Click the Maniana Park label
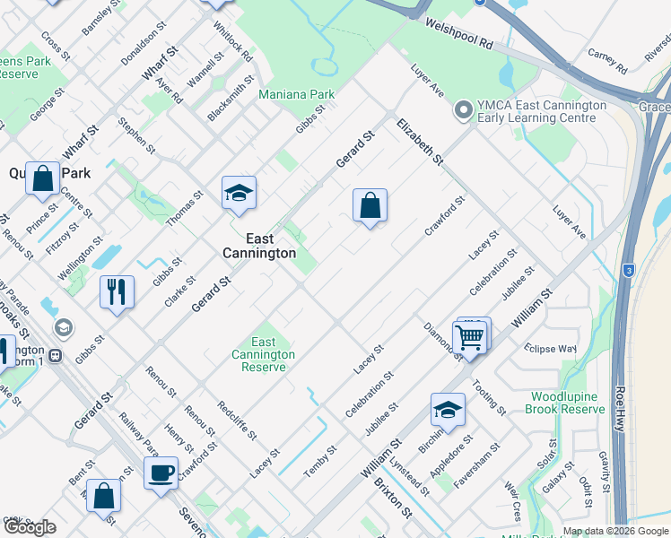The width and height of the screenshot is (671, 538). pyautogui.click(x=296, y=93)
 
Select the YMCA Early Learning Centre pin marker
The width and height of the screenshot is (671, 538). pyautogui.click(x=463, y=111)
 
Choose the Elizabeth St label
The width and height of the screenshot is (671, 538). pyautogui.click(x=421, y=141)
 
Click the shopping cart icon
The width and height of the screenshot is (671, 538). pyautogui.click(x=471, y=337)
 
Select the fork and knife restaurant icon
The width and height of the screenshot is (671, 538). pyautogui.click(x=118, y=291)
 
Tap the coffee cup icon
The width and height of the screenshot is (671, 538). pyautogui.click(x=161, y=473)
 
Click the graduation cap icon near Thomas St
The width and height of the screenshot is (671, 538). pyautogui.click(x=239, y=192)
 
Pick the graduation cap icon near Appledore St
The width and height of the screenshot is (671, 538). pyautogui.click(x=448, y=410)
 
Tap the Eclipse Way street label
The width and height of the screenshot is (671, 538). pyautogui.click(x=551, y=349)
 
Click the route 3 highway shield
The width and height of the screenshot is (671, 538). pyautogui.click(x=629, y=270)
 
